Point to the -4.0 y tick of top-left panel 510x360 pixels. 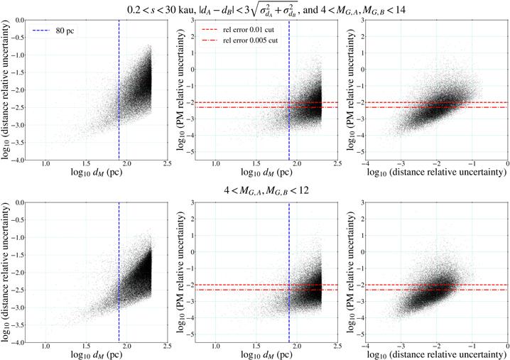(26, 160)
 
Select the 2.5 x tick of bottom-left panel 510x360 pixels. (167, 348)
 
